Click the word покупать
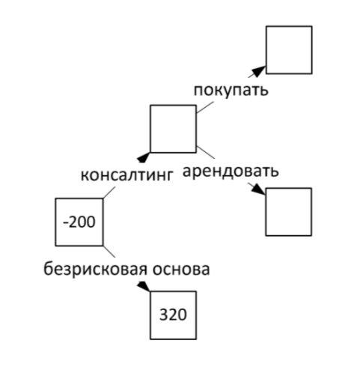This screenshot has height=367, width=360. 231,91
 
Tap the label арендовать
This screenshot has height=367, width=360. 231,172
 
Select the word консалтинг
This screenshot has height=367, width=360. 126,175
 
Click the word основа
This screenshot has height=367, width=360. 181,270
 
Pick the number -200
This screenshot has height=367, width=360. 79,222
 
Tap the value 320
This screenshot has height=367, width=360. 173,315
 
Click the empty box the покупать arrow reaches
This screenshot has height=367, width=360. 289,26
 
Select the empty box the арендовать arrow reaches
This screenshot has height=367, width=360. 289,188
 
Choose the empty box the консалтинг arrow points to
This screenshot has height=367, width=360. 173,106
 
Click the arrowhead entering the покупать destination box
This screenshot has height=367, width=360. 259,71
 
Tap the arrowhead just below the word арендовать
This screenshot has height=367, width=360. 258,189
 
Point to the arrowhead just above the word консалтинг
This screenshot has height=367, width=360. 144,157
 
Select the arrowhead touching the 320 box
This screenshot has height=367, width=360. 144,286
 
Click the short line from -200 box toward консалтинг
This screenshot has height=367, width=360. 109,192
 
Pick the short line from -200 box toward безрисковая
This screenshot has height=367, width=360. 109,252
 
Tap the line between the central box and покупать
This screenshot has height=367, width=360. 205,107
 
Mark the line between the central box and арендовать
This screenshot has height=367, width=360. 206,152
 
